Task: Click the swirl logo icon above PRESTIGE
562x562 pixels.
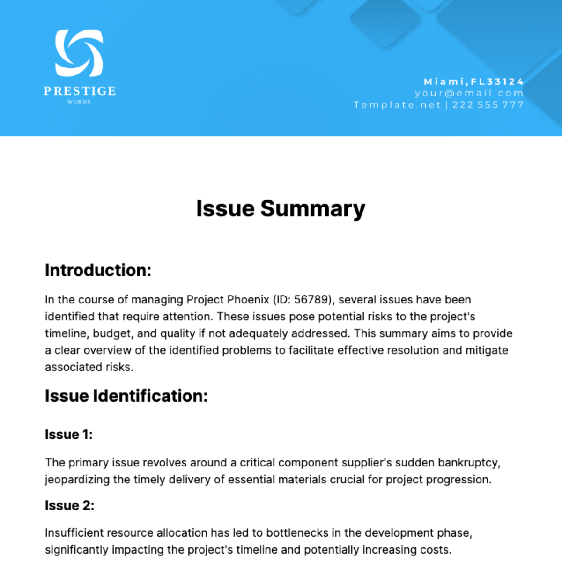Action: (x=79, y=53)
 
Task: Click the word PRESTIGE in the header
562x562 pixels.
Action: (x=80, y=91)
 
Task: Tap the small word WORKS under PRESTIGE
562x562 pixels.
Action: (x=79, y=102)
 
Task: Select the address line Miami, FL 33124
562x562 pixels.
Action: (x=473, y=81)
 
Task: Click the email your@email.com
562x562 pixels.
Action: (x=469, y=93)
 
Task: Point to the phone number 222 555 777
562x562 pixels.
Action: (x=488, y=105)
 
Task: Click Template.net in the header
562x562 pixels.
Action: (x=397, y=105)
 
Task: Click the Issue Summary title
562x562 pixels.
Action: (x=281, y=208)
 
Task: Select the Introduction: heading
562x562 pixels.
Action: (x=98, y=270)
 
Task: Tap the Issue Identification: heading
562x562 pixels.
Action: (x=126, y=396)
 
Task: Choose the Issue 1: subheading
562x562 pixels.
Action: (x=69, y=435)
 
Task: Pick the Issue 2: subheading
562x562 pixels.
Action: (x=69, y=505)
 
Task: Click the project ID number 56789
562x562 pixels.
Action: (x=312, y=300)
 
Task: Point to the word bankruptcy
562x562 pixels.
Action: (x=469, y=463)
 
